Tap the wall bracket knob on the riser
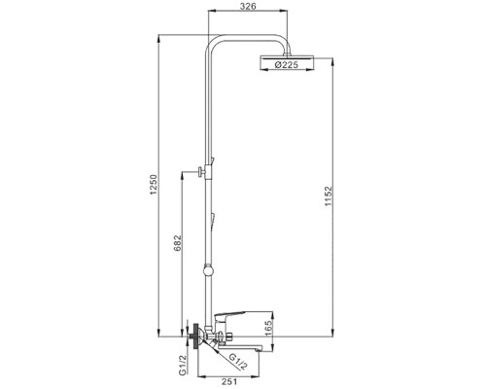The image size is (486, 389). point(199,172)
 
